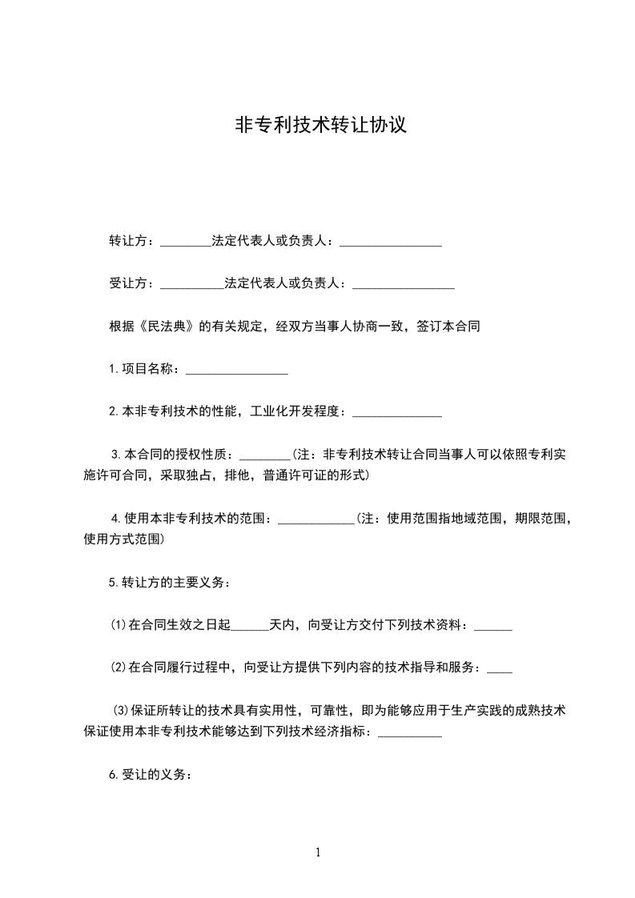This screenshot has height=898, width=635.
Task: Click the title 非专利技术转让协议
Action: [317, 126]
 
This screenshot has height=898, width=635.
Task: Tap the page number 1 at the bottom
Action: [318, 852]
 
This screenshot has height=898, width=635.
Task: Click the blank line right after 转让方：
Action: [186, 242]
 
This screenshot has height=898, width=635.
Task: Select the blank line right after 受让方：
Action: [192, 284]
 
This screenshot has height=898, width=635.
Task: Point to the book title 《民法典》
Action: [166, 327]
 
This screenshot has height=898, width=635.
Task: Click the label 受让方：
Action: [134, 283]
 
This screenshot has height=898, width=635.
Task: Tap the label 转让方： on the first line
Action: [134, 241]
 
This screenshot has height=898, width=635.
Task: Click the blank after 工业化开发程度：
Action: [397, 412]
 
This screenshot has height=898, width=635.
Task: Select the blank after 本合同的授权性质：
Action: [264, 455]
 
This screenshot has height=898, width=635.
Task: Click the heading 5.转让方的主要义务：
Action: [170, 583]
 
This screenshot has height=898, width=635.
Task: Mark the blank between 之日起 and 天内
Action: [250, 626]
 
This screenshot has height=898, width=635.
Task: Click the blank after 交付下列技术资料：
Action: [493, 626]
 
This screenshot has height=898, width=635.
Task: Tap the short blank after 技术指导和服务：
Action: [500, 668]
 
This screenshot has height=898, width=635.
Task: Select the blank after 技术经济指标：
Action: [409, 732]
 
